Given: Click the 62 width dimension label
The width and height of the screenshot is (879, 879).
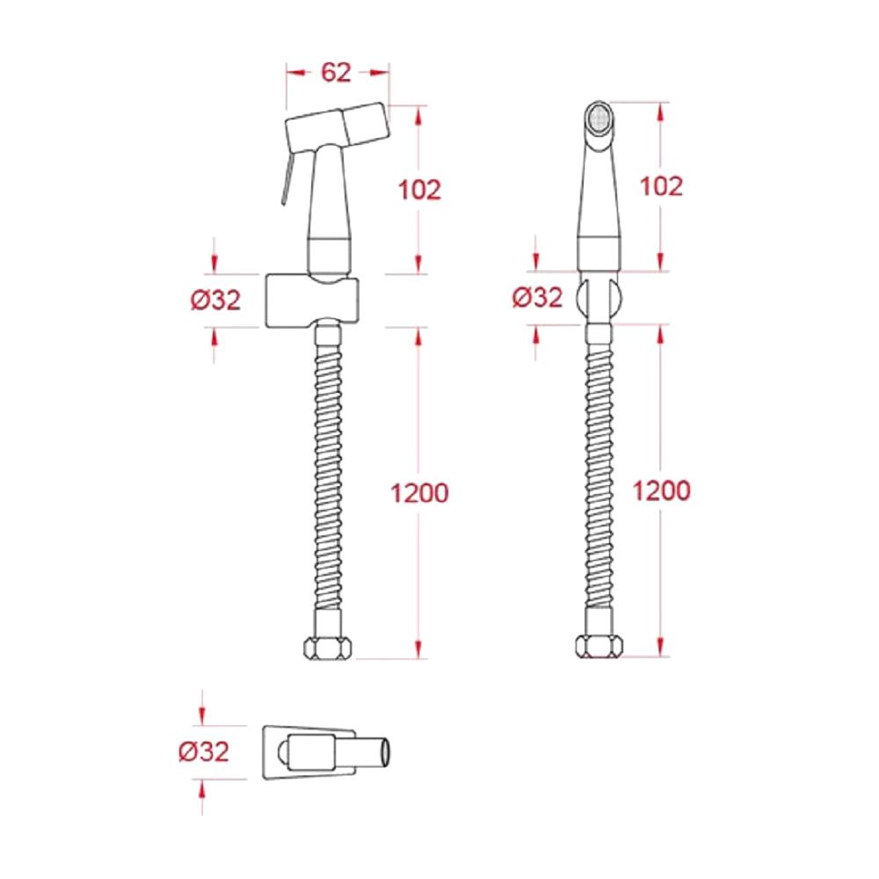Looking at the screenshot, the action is [336, 72].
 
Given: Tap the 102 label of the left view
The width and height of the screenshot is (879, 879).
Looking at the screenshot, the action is [419, 190].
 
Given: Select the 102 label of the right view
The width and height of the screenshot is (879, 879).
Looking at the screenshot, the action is [662, 186].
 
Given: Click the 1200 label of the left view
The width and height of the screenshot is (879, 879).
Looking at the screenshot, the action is [419, 493].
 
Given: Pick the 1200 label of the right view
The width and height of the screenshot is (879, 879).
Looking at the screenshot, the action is [662, 490].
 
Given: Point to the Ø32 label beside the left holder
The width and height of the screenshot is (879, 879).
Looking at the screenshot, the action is [215, 300].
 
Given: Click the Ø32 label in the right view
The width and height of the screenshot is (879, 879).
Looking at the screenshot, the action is [537, 297].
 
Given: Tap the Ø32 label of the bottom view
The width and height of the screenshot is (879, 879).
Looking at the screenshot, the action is [204, 752].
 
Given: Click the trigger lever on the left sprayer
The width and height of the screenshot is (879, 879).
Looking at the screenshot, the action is [287, 178].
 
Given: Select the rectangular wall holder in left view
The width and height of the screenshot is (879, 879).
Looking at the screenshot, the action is [312, 301].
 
